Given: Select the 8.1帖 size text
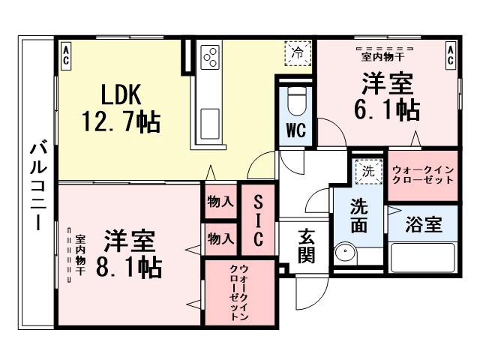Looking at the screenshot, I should tap(128, 267).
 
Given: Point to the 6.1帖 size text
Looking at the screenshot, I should tap(385, 109).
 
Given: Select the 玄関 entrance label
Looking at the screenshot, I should tap(307, 244).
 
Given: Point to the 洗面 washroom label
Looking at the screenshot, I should tap(359, 215).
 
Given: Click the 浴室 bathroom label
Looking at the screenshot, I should tap(423, 226).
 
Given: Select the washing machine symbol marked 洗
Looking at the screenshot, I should tap(367, 171).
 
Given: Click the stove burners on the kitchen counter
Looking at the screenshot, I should tap(209, 58).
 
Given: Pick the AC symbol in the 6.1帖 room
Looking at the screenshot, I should tap(450, 53).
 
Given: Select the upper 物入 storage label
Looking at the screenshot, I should tap(221, 202).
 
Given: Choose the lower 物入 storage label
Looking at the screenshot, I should tap(221, 239).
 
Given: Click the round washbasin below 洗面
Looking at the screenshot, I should tap(346, 253).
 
